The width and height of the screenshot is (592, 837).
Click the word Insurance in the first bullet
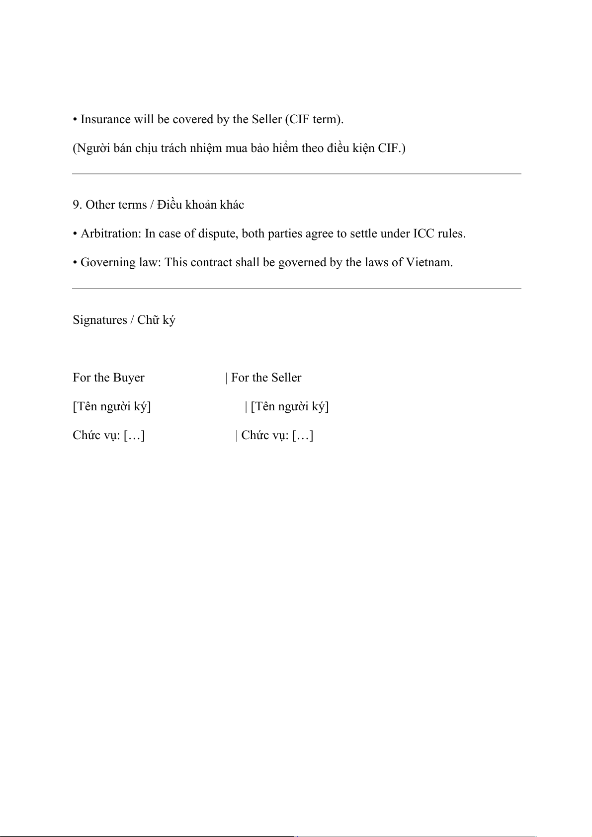(x=105, y=120)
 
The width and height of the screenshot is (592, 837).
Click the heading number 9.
(x=77, y=205)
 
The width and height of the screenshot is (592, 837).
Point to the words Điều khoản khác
(x=201, y=205)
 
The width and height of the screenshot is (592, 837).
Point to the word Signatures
(x=100, y=320)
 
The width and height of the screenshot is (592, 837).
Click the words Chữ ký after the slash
(x=156, y=320)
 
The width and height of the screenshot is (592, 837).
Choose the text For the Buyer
(x=108, y=378)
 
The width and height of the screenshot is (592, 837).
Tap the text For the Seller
(x=266, y=378)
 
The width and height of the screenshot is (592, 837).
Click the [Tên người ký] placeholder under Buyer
(x=112, y=407)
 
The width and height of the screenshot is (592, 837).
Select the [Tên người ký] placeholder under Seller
(x=290, y=407)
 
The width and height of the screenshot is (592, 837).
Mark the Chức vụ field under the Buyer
(x=109, y=436)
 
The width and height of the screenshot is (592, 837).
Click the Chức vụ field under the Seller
(x=277, y=436)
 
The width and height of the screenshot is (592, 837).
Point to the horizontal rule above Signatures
(x=296, y=289)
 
